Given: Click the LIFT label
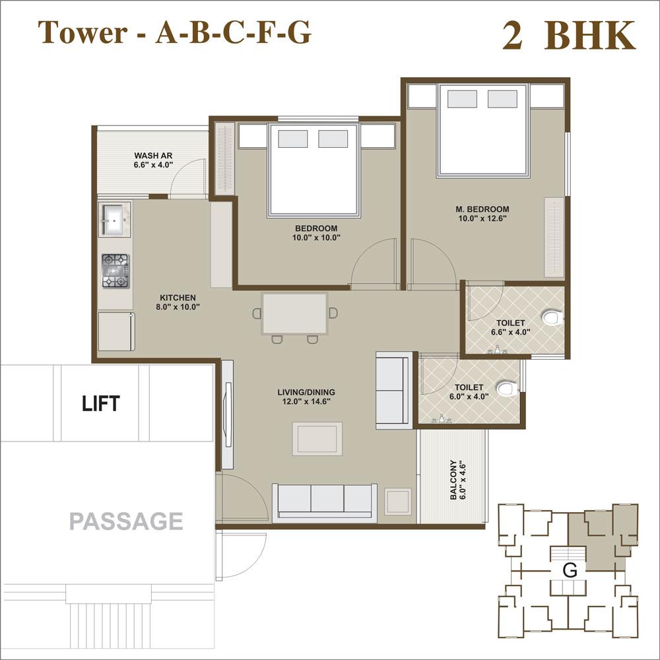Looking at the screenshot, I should [101, 403].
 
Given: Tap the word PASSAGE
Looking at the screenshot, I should [126, 521].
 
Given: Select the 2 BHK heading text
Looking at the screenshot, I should [568, 36].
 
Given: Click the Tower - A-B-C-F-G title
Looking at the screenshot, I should [174, 32].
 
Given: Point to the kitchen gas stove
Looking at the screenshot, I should [115, 271].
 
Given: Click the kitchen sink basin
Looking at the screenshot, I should [114, 218].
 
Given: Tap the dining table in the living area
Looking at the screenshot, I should [294, 313].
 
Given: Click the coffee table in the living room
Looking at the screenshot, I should [317, 438].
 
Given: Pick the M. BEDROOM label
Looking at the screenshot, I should [482, 210].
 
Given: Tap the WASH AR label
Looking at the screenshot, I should [152, 156].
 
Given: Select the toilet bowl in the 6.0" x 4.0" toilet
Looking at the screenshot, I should [506, 389].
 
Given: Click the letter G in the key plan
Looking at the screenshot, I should [570, 570].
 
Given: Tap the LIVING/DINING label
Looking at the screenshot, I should [304, 391].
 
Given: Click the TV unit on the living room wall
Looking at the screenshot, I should [227, 414].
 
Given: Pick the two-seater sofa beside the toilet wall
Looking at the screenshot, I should [392, 390].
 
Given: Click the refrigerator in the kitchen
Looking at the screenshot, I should [116, 331].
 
